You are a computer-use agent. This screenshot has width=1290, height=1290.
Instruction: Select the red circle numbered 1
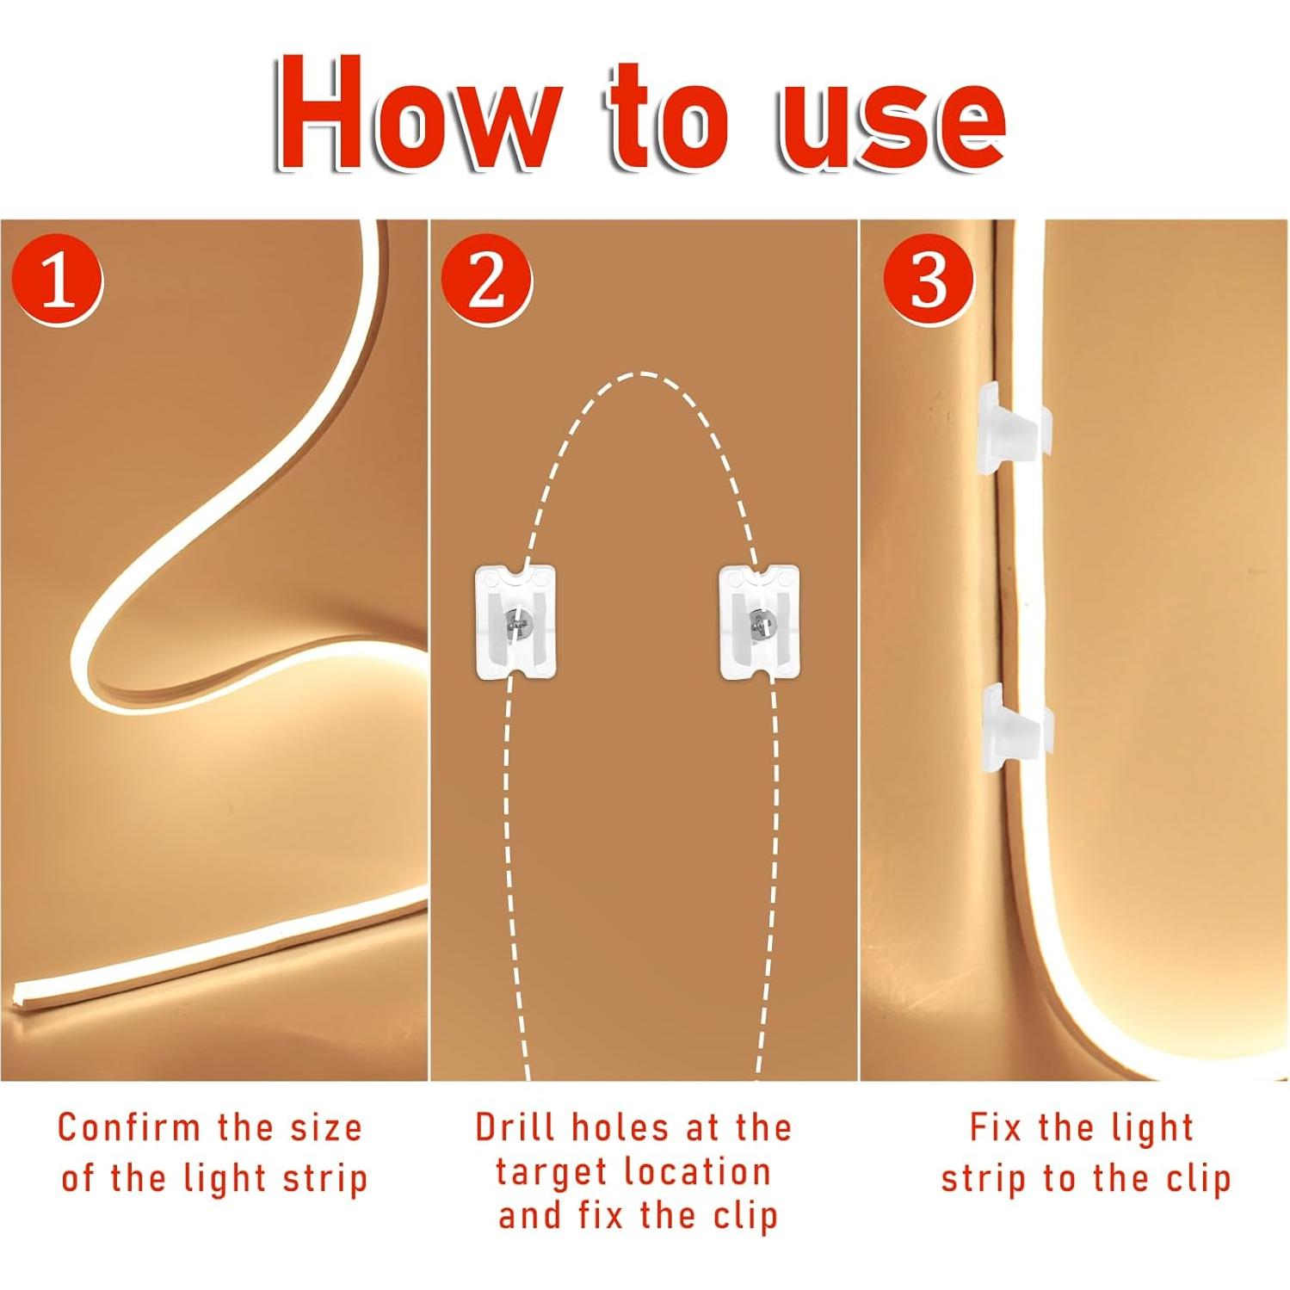pos(58,281)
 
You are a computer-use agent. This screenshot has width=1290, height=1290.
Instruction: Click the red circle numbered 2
pos(486,281)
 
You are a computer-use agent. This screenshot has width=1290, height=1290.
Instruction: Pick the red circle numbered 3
pos(929,281)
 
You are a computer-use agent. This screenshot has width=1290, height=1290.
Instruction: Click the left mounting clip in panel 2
pos(515,621)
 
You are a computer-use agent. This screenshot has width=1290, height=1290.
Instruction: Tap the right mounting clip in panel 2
pos(759,621)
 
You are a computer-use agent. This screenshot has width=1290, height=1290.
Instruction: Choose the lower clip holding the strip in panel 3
pos(1015,725)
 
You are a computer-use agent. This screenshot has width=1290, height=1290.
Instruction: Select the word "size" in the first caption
pos(326,1127)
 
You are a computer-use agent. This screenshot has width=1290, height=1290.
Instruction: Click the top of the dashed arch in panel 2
pos(638,374)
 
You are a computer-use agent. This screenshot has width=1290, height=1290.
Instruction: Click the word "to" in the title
pos(670,116)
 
